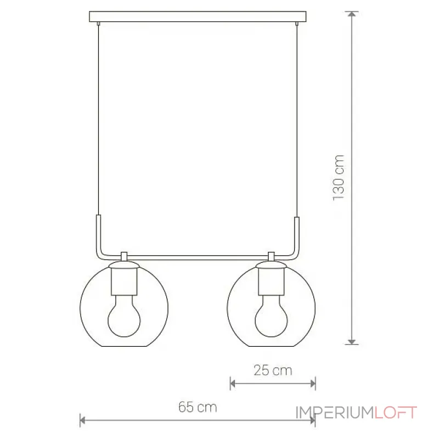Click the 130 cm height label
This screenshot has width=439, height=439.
coord(339,177)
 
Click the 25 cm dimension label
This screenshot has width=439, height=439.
coord(273,370)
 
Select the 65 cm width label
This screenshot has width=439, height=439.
coord(198,407)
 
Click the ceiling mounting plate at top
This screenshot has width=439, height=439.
coord(198,16)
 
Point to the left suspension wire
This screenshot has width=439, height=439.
coord(98,120)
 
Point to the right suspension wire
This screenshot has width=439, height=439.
coord(297,121)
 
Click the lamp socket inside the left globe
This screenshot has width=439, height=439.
coord(124,282)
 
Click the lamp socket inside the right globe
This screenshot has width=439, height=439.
coord(271,282)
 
